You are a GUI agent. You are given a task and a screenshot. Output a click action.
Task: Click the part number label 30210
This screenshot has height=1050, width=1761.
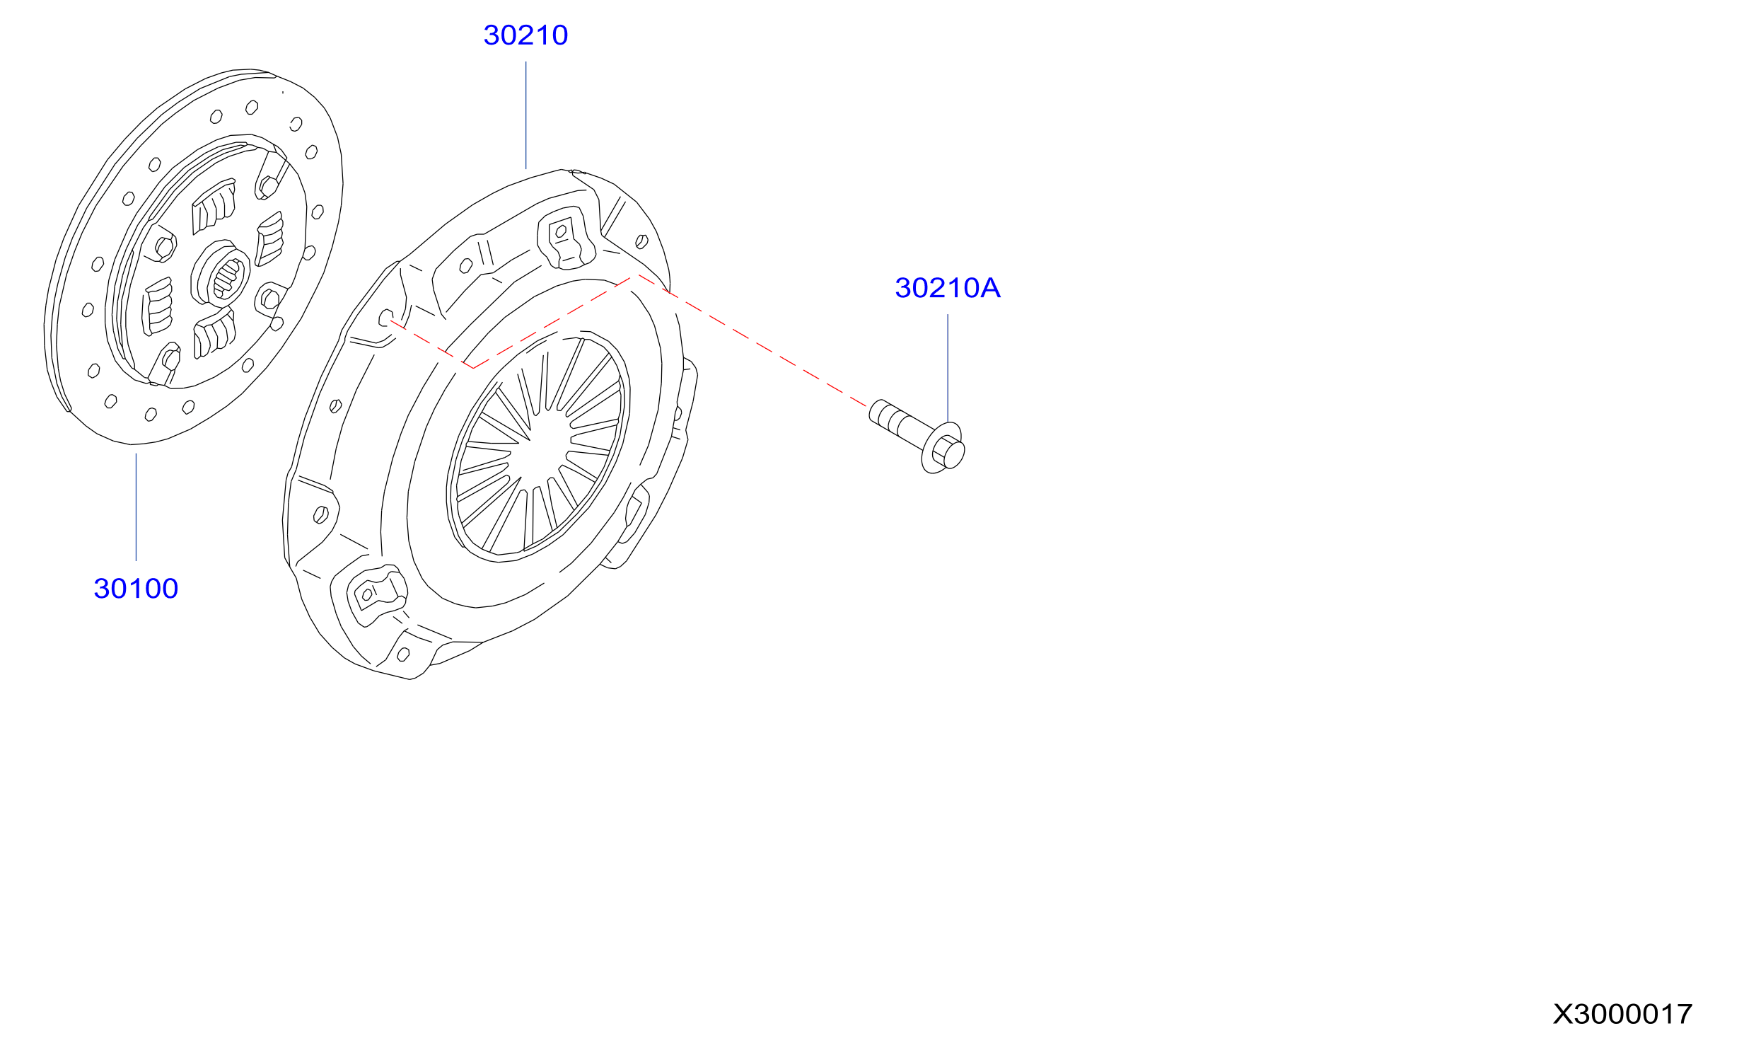coord(525,35)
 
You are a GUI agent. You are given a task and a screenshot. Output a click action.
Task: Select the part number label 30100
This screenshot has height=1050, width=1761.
coord(136,589)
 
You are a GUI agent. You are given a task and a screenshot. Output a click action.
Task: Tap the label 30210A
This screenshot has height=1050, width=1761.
coord(948,288)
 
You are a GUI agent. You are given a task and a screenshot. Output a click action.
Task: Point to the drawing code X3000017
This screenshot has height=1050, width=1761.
coord(1622,1014)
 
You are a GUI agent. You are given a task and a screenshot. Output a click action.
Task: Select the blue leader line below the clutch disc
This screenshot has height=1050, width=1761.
coord(136,507)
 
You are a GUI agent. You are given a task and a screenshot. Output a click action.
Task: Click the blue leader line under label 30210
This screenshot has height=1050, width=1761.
coord(525,115)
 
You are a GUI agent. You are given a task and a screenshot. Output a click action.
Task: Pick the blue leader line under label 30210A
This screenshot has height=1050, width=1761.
coord(948,368)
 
